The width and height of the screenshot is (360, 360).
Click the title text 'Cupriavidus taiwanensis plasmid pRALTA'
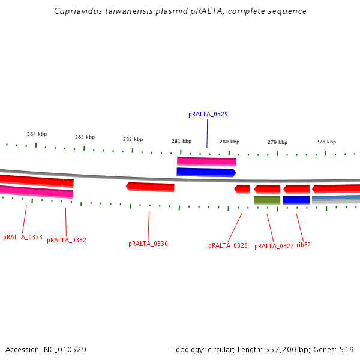click(180, 11)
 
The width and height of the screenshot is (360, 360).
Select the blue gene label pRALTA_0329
click(208, 114)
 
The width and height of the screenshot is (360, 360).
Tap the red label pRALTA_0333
click(23, 238)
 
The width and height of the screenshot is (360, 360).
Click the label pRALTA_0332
click(67, 241)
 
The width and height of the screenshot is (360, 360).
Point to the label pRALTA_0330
click(148, 244)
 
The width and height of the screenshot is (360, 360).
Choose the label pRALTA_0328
click(227, 246)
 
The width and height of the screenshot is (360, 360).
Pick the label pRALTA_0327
click(274, 247)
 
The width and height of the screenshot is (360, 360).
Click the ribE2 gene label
click(304, 245)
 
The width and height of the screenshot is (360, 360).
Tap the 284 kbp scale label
click(37, 134)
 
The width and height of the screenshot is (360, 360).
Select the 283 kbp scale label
click(85, 137)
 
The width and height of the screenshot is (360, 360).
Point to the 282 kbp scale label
click(133, 139)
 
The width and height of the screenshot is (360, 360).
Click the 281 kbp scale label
click(181, 142)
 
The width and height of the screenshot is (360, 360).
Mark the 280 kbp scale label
click(229, 142)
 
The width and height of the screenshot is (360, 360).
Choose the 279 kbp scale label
click(277, 143)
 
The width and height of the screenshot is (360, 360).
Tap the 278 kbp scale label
click(326, 142)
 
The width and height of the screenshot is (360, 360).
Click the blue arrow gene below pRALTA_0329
click(206, 172)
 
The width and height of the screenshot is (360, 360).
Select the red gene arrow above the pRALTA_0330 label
click(151, 187)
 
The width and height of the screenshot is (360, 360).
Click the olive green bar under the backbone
click(267, 200)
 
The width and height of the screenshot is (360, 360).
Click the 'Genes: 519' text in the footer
click(334, 349)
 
